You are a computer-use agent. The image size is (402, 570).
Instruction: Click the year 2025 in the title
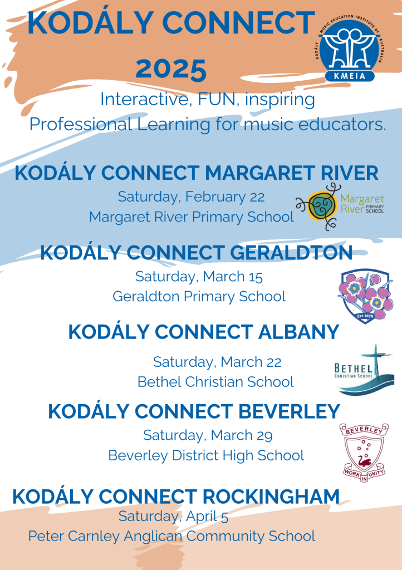[x=171, y=69]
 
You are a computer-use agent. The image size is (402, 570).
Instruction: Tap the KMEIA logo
[x=350, y=48]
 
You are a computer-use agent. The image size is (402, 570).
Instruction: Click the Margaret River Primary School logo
[x=340, y=207]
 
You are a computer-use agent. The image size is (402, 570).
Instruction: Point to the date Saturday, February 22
[x=191, y=197]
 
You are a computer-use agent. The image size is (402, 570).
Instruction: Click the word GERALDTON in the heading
[x=291, y=253]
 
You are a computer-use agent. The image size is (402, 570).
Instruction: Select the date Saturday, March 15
[x=199, y=277]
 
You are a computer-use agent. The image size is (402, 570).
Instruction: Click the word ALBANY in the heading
[x=299, y=332]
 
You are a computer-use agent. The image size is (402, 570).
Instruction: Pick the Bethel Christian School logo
[x=364, y=370]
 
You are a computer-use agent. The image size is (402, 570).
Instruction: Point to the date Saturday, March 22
[x=217, y=362]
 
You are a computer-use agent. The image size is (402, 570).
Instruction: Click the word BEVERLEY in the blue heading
[x=289, y=411]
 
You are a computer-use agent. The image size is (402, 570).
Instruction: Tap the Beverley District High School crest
[x=364, y=452]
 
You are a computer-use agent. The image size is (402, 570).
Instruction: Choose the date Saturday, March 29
[x=208, y=435]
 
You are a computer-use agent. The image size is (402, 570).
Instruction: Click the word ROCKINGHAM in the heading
[x=271, y=497]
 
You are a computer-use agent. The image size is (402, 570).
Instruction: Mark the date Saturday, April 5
[x=173, y=516]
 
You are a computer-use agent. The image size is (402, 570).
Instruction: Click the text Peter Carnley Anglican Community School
[x=171, y=536]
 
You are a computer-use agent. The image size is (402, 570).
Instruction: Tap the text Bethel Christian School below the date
[x=215, y=382]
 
